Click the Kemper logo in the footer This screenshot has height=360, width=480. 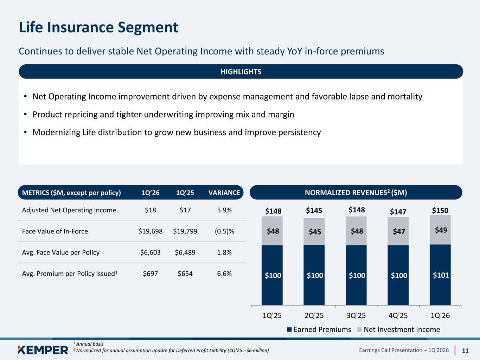pyautogui.click(x=43, y=350)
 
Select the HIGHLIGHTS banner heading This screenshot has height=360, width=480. pyautogui.click(x=241, y=72)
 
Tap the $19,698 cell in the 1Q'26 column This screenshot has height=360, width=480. pyautogui.click(x=151, y=231)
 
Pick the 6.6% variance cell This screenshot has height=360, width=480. pyautogui.click(x=224, y=274)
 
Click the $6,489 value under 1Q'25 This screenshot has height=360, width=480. pyautogui.click(x=185, y=252)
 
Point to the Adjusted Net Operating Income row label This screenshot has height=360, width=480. pyautogui.click(x=69, y=210)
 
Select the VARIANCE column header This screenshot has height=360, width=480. pyautogui.click(x=224, y=193)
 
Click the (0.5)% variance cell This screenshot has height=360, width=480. pyautogui.click(x=224, y=231)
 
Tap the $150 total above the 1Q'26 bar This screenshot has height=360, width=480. pyautogui.click(x=440, y=211)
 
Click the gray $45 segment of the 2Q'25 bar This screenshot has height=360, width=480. pyautogui.click(x=314, y=232)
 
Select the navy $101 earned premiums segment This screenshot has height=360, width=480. pyautogui.click(x=440, y=275)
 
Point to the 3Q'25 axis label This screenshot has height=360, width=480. pyautogui.click(x=356, y=315)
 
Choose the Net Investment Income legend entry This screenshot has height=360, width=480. pyautogui.click(x=398, y=329)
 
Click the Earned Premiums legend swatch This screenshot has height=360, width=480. pyautogui.click(x=289, y=330)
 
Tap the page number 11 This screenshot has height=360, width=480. pyautogui.click(x=465, y=351)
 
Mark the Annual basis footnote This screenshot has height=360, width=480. pyautogui.click(x=89, y=344)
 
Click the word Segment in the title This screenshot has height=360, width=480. pyautogui.click(x=148, y=27)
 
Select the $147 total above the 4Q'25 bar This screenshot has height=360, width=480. pyautogui.click(x=398, y=212)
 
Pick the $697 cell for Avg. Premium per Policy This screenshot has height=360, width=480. pyautogui.click(x=150, y=274)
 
